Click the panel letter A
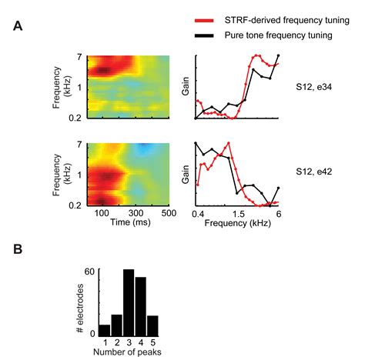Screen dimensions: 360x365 18,26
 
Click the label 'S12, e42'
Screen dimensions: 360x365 321,175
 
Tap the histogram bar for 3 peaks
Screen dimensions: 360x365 129,303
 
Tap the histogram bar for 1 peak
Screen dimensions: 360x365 104,330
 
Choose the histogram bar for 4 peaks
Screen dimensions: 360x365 141,307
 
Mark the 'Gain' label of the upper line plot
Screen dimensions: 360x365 185,87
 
